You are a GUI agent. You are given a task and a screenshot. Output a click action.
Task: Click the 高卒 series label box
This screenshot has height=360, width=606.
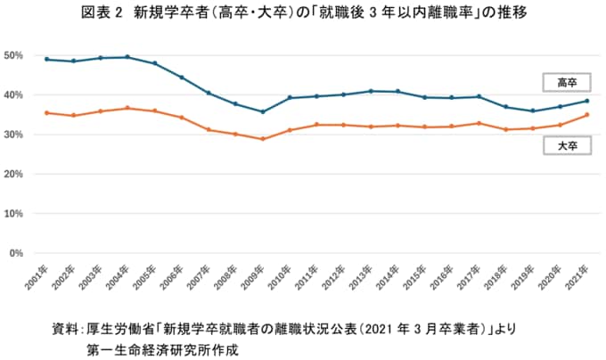coord(567,82)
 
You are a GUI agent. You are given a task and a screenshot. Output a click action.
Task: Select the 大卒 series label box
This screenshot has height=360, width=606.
coord(567,143)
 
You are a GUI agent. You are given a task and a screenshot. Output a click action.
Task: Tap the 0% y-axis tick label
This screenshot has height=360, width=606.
coord(15,254)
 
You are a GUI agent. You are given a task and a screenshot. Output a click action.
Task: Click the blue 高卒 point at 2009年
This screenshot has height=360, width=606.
coord(262,111)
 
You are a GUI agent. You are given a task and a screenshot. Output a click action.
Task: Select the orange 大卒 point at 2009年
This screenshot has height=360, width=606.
coord(262,139)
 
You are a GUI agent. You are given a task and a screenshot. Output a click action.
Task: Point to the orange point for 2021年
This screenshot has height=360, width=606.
coord(586,115)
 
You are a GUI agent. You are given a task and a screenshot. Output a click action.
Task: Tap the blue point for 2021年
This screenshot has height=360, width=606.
coord(586,101)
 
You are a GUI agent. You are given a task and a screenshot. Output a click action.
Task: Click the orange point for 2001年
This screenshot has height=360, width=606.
coord(46,113)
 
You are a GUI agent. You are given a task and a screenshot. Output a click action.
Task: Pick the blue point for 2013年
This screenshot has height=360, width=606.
coord(371,91)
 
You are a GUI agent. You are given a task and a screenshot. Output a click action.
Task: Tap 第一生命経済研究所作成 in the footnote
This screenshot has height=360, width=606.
coord(160,348)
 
